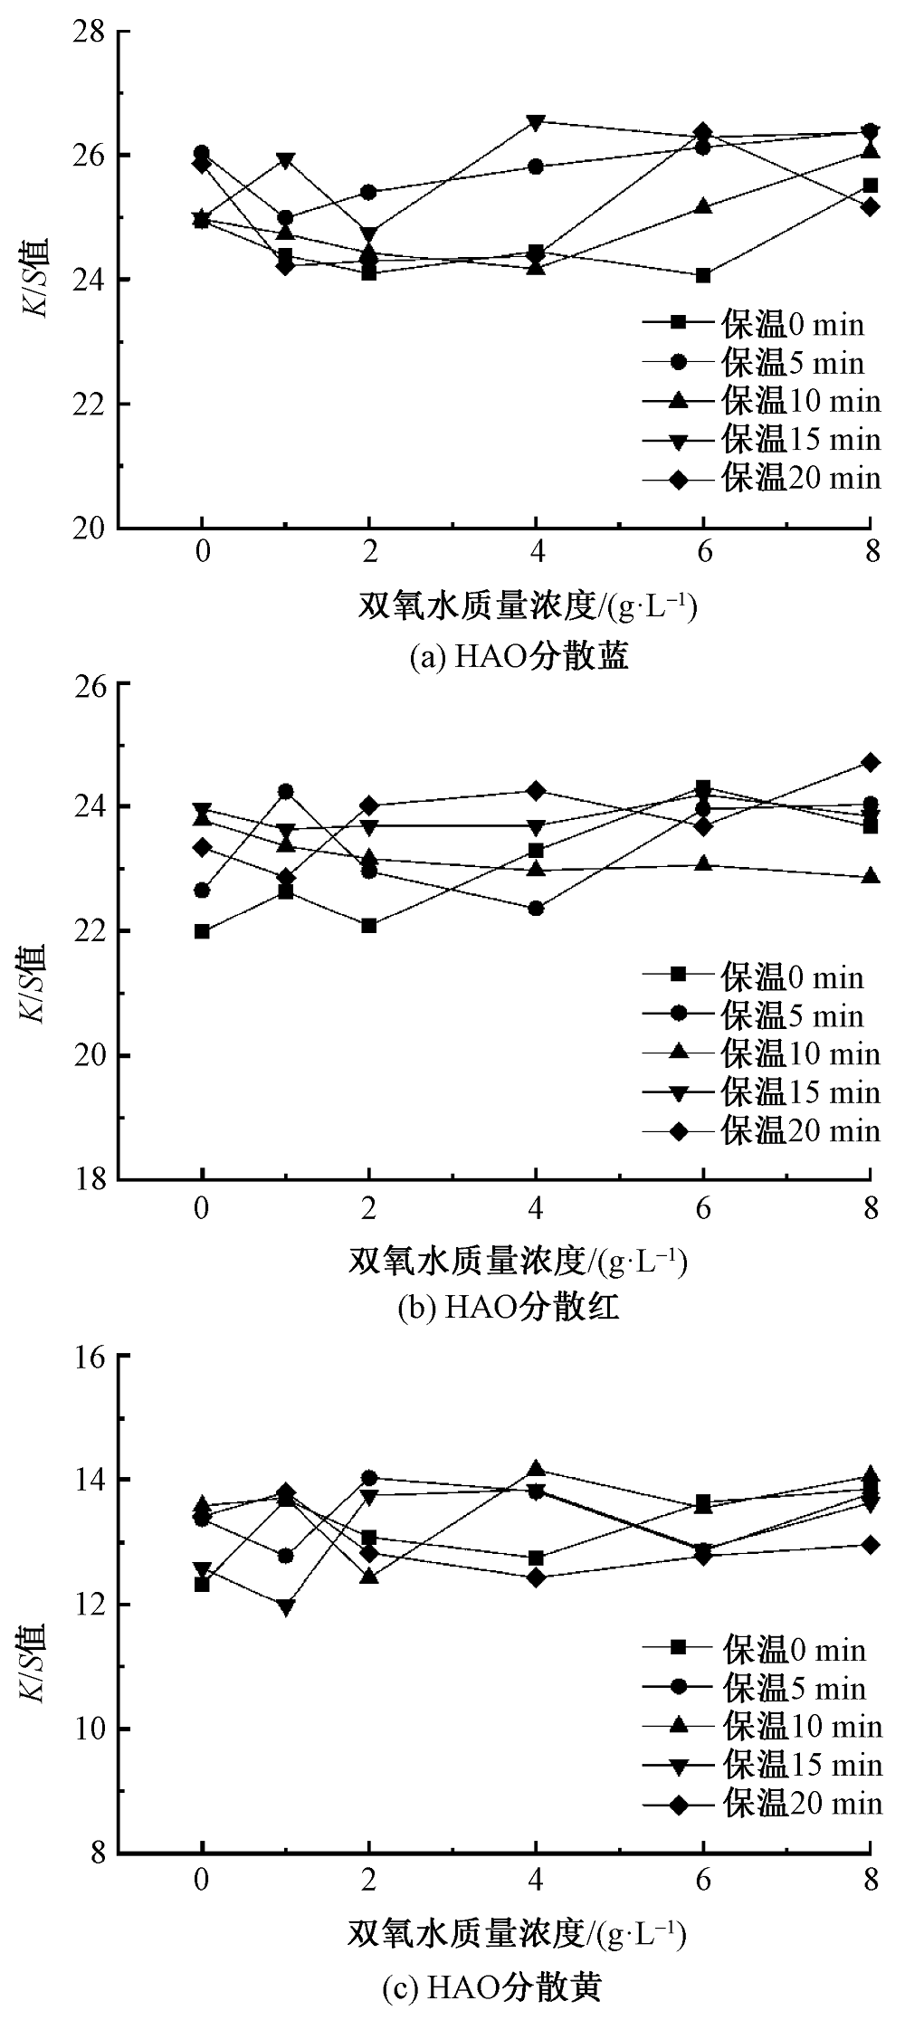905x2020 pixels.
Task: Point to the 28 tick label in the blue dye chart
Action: (x=92, y=33)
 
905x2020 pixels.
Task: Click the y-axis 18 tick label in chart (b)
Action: (x=92, y=1180)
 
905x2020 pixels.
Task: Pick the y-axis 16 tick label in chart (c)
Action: (x=92, y=1356)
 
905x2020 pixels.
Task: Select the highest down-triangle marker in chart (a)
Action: (x=536, y=121)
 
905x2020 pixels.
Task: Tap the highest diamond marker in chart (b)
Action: (x=870, y=763)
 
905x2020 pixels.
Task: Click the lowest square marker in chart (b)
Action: (x=202, y=931)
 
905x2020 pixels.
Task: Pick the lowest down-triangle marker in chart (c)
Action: (x=286, y=1607)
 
